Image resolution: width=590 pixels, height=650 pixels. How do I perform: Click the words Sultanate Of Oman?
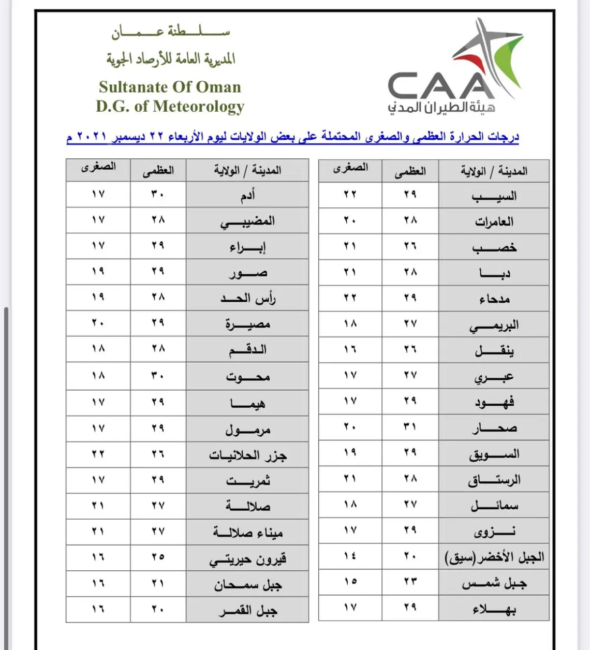pos(170,87)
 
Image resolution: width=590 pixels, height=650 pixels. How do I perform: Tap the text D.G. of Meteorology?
pos(170,107)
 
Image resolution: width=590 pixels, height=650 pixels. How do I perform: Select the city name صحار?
pos(494,428)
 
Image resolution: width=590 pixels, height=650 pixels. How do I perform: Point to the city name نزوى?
pos(494,531)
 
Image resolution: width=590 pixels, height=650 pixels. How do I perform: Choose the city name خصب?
pos(494,247)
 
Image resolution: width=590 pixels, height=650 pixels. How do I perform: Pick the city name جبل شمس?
pos(494,584)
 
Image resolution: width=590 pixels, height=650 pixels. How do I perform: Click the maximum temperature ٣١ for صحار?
pos(410,427)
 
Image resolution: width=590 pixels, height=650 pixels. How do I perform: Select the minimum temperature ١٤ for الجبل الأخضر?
pos(350,556)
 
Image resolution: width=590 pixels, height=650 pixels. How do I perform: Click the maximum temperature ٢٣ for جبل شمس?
pos(410,582)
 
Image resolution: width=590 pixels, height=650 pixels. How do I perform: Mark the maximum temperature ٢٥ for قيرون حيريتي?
pos(158,557)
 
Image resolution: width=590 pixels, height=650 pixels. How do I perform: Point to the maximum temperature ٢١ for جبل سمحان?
pos(158,583)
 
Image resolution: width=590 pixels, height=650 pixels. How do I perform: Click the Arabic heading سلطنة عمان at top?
pos(171,32)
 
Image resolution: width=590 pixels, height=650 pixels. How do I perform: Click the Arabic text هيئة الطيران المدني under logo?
pos(441,108)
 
